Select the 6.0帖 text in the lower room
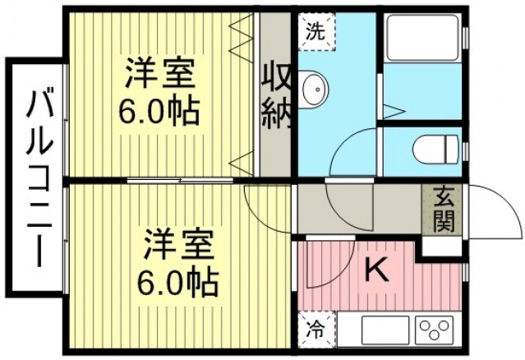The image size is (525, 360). pyautogui.click(x=178, y=282)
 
